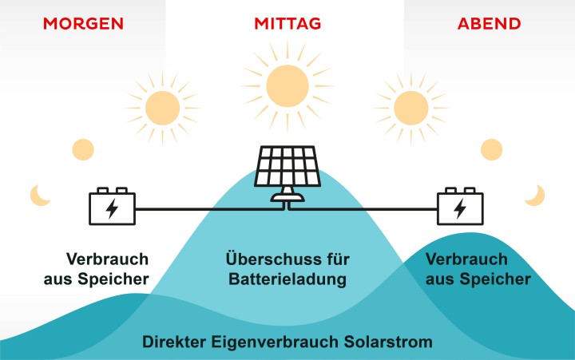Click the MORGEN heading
pos(83,23)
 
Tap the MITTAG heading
pos(287,23)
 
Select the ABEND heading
pos(489,23)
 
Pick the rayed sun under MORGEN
pos(163,106)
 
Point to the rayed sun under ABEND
pos(411,106)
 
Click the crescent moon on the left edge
pos(39,194)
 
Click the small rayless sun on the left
pos(83,149)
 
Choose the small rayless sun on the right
pos(492,149)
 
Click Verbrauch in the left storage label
pos(107,260)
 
